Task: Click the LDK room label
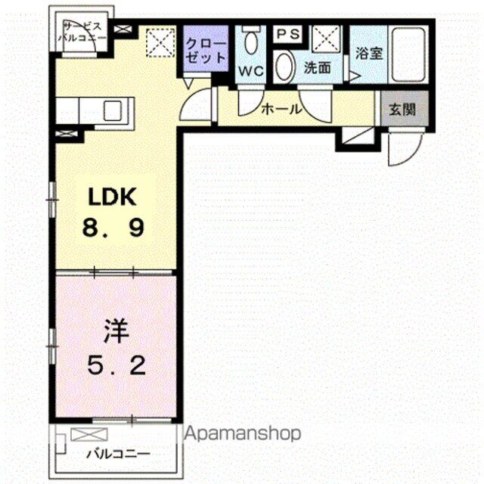pos(112,197)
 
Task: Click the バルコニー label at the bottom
pos(118,455)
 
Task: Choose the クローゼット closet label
pos(206,50)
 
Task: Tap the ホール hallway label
pos(281,109)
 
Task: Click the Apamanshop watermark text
pos(243,434)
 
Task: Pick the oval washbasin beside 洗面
pos(284,67)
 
